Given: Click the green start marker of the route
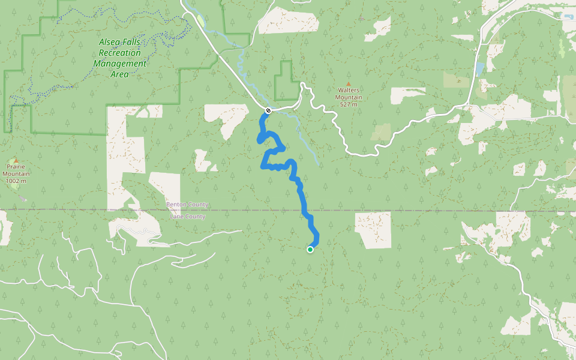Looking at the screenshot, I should pyautogui.click(x=310, y=250).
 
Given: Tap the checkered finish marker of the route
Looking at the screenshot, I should pyautogui.click(x=268, y=110).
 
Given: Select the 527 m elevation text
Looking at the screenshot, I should pyautogui.click(x=349, y=104).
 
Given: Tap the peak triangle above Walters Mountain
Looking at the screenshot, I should pyautogui.click(x=348, y=84).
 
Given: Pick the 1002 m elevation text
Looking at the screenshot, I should pyautogui.click(x=16, y=181).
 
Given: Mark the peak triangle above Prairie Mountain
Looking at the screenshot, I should pyautogui.click(x=16, y=160).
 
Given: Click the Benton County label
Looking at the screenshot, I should pyautogui.click(x=187, y=205).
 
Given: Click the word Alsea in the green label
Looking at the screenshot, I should pyautogui.click(x=110, y=42).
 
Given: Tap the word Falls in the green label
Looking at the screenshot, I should pyautogui.click(x=135, y=42).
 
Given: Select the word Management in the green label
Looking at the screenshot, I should pyautogui.click(x=119, y=64).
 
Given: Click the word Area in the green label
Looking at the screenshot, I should pyautogui.click(x=119, y=74).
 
